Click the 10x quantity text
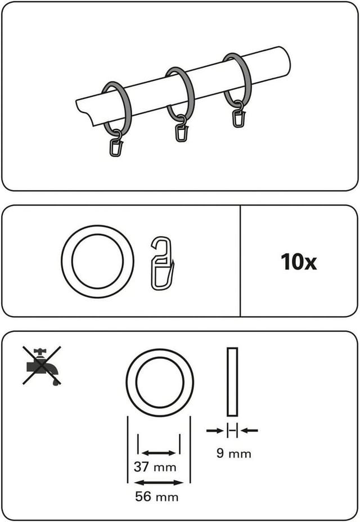(298, 262)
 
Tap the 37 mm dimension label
(155, 467)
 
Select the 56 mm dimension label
(156, 497)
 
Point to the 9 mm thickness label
(234, 453)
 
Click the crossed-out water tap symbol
(42, 366)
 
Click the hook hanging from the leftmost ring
(116, 144)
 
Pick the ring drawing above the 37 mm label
(160, 350)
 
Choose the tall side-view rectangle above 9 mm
(232, 381)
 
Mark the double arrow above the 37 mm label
(159, 453)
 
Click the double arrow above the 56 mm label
(159, 483)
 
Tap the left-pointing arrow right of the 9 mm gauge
(249, 430)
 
